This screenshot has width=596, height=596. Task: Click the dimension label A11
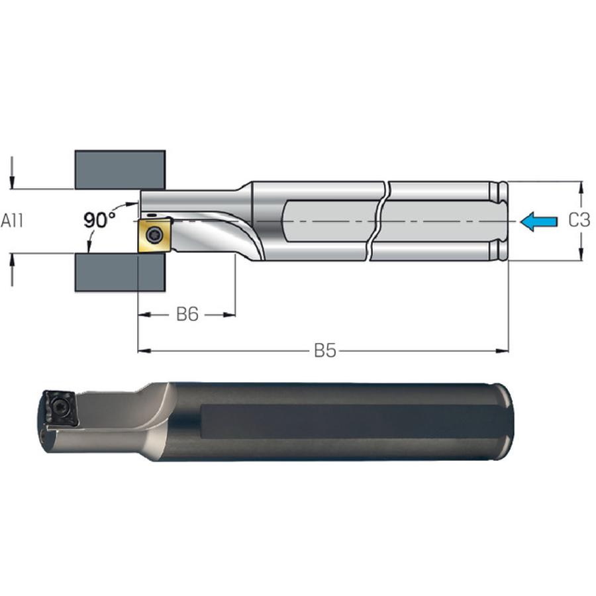(x=12, y=221)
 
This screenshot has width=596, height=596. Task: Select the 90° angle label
(x=99, y=220)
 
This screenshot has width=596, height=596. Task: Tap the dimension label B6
(x=187, y=315)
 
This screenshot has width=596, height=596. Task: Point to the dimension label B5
(x=325, y=350)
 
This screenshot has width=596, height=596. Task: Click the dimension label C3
(x=579, y=220)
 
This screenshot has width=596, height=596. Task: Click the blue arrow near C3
(x=538, y=221)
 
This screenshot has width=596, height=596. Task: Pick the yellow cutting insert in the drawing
(x=154, y=235)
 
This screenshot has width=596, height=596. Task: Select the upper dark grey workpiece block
(x=120, y=170)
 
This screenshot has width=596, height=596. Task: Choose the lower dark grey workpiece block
(x=120, y=272)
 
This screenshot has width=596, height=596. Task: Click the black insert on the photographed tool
(x=60, y=409)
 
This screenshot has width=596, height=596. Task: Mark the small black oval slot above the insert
(x=152, y=215)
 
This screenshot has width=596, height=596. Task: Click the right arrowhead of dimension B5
(x=502, y=350)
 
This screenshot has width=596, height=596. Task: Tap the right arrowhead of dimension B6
(x=229, y=315)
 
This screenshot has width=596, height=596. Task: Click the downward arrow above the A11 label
(x=12, y=172)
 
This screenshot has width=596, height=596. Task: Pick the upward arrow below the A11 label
(x=12, y=270)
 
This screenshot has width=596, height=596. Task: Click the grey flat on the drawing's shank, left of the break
(x=330, y=221)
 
